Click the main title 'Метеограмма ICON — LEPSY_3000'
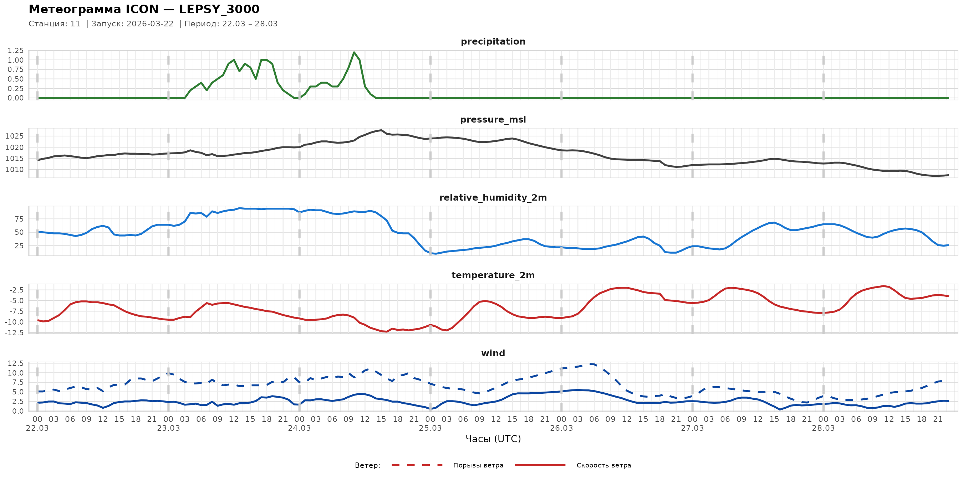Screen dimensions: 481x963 tap(144, 9)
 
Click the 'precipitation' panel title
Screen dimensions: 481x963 tap(493, 41)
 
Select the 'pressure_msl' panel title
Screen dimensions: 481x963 tap(493, 119)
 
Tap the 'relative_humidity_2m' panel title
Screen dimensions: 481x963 tap(493, 197)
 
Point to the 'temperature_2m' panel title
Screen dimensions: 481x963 tap(493, 275)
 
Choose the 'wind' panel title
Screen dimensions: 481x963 tap(493, 353)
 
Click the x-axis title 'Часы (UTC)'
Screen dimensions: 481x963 tap(493, 439)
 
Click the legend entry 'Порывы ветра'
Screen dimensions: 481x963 tap(478, 465)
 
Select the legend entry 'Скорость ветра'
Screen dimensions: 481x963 tap(603, 465)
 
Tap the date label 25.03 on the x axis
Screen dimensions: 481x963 tap(430, 428)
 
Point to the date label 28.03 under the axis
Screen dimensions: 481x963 tap(823, 428)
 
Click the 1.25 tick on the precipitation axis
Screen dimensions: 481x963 tap(16, 50)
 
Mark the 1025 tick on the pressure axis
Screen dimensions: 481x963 tap(14, 136)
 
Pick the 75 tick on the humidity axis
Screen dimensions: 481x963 tap(19, 219)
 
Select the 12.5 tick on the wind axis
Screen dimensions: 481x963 tap(16, 363)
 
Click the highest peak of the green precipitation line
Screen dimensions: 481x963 tap(354, 52)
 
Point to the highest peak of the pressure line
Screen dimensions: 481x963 tap(381, 130)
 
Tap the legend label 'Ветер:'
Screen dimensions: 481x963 tap(367, 465)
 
